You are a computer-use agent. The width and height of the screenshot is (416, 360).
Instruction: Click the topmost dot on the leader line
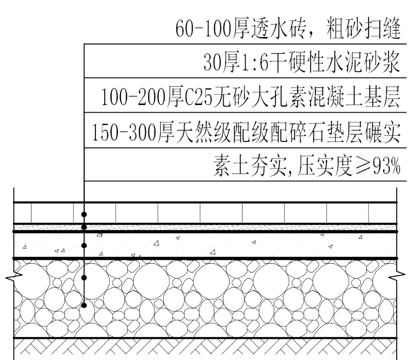84,214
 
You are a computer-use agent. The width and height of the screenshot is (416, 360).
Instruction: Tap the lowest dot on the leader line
84,305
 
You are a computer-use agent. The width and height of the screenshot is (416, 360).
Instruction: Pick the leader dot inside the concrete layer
84,245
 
